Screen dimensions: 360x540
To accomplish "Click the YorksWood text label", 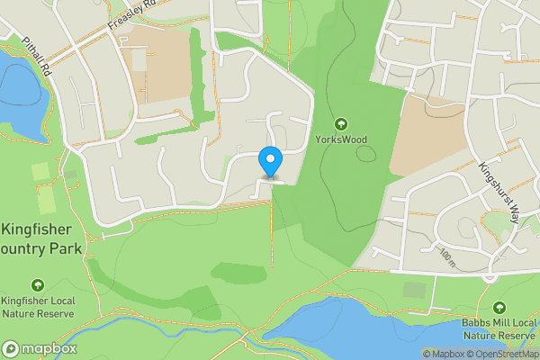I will [341, 139].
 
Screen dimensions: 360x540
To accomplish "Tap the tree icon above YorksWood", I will [341, 123].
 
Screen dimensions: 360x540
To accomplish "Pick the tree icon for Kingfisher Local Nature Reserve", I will [37, 284].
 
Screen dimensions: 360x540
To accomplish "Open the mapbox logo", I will [40, 348].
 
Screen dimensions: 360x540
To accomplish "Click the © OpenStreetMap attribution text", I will [502, 354].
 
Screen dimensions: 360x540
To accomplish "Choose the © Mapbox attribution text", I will [443, 354].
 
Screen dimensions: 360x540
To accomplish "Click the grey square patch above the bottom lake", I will [414, 290].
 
